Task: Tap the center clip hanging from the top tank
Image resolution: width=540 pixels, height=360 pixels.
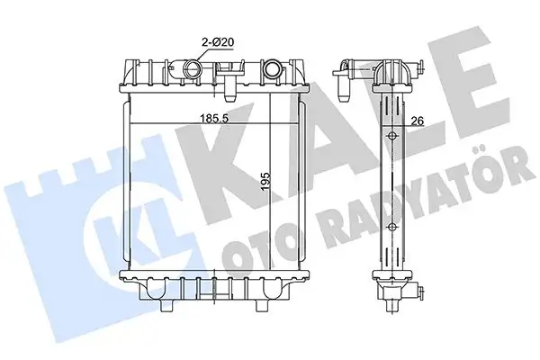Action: pos(229,88)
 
